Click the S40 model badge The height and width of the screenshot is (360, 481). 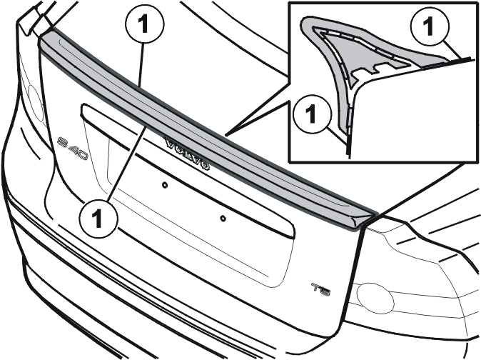pos(74,149)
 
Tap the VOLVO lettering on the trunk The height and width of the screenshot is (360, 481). pos(188,154)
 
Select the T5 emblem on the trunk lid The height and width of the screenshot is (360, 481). pos(321,289)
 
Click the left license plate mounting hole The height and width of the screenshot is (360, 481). pos(165,185)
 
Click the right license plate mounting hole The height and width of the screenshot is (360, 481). pos(223,219)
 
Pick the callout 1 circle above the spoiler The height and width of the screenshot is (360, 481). pos(145,24)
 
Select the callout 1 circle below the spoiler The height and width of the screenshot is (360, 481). pos(98,218)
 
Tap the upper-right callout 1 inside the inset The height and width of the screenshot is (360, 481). pos(430,26)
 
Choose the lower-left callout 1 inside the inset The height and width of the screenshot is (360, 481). pos(312,114)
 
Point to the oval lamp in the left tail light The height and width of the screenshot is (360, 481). pos(36,104)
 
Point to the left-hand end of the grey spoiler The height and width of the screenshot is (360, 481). pos(41,39)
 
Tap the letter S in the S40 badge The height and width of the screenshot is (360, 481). pos(63,142)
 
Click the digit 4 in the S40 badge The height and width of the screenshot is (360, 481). pos(74,149)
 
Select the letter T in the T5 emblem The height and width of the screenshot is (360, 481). pos(316,287)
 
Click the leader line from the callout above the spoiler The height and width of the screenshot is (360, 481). pos(141,66)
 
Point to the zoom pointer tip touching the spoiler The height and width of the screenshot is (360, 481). pos(226,134)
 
